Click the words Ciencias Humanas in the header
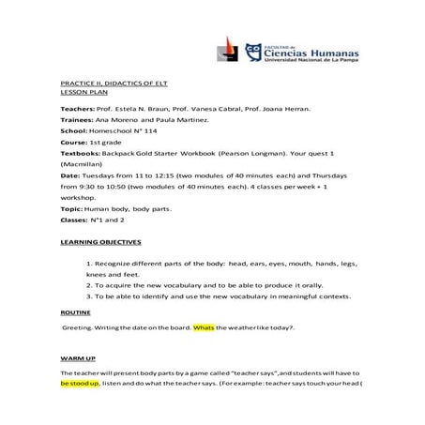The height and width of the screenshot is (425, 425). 305,53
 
